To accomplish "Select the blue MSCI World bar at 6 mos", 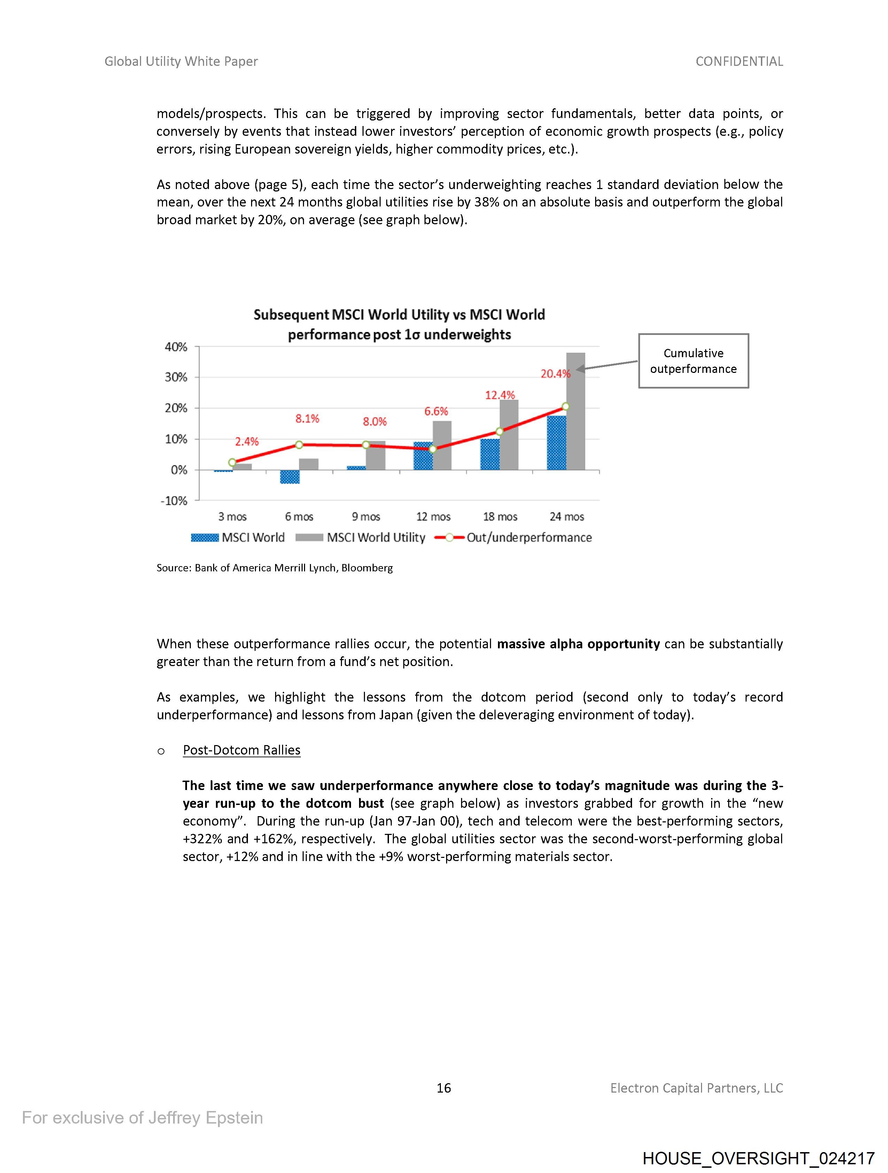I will [290, 477].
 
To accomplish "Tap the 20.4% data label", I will [555, 374].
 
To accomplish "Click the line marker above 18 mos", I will [499, 431].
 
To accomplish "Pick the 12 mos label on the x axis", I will [433, 516].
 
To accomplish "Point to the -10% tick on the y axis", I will [174, 501].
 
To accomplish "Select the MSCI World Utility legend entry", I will [361, 538].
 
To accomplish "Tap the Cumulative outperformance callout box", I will [693, 361].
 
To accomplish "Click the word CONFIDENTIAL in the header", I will [739, 62].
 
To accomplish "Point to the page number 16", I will [443, 1088].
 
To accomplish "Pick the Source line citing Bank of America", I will [274, 568].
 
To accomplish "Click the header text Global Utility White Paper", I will [181, 62].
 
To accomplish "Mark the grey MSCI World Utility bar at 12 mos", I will [442, 445].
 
